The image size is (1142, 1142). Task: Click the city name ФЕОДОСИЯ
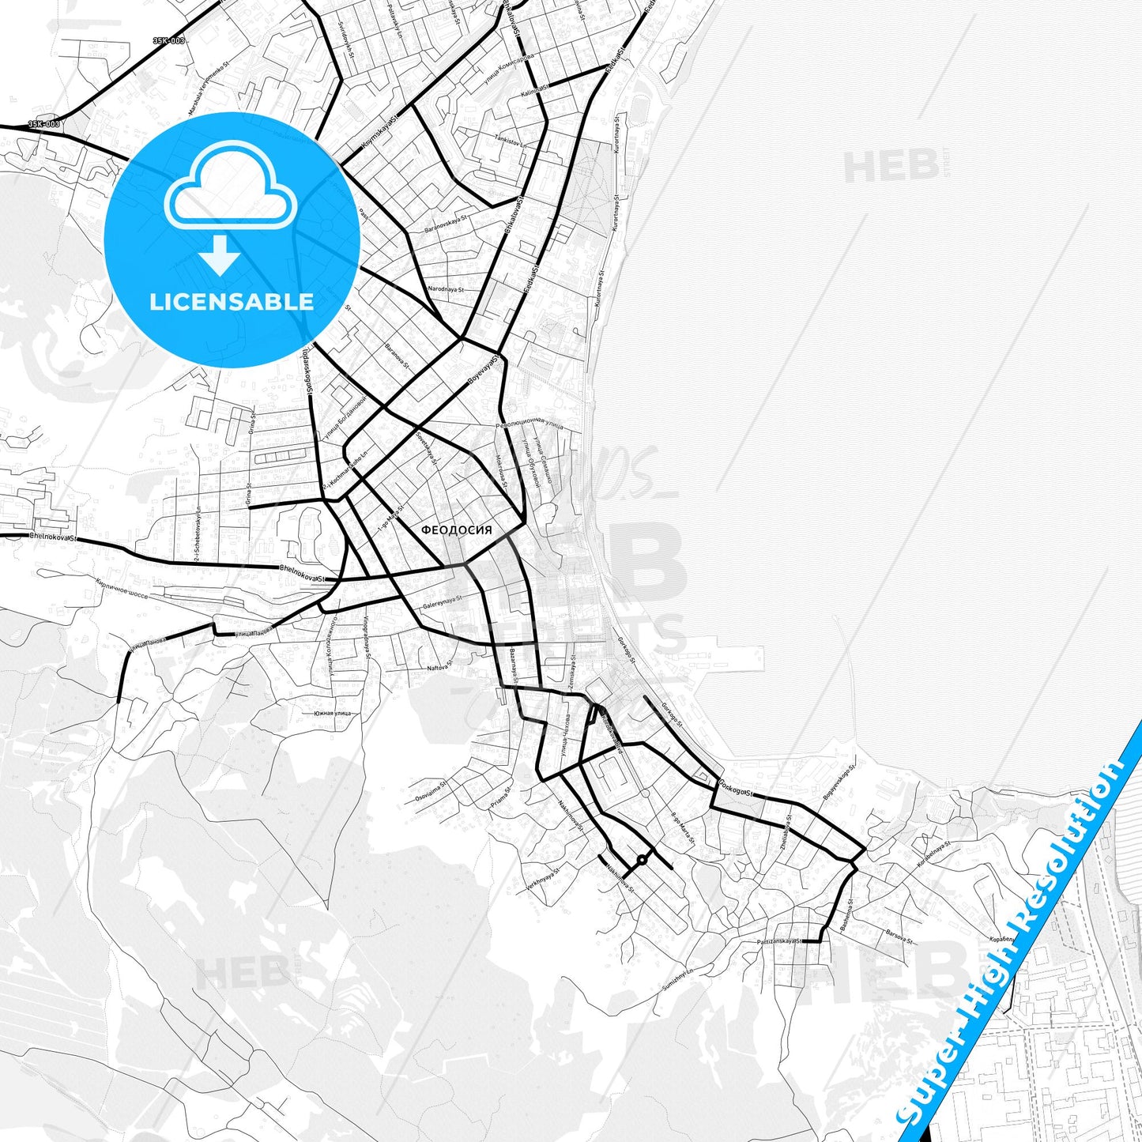point(456,530)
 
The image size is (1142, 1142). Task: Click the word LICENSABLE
point(232,301)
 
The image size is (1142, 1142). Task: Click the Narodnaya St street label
point(445,289)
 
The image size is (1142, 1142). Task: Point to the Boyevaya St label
point(484,369)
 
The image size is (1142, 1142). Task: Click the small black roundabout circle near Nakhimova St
point(642,859)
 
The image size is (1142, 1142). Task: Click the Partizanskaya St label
point(780,941)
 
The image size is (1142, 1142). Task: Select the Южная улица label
point(332,714)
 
